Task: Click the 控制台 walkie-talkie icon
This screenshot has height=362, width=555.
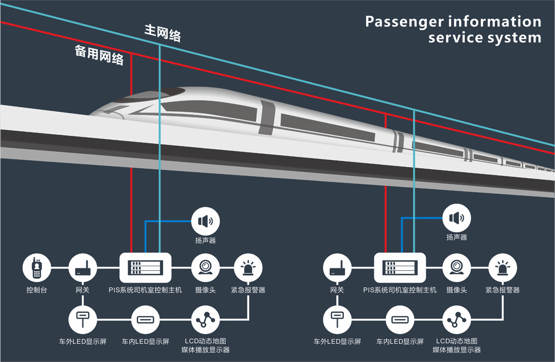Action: (x=37, y=268)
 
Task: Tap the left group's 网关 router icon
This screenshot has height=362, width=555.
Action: (x=82, y=268)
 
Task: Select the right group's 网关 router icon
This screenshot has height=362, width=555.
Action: (x=337, y=268)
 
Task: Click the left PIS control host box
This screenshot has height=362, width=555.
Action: (x=146, y=268)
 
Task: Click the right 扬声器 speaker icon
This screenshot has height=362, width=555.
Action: (x=456, y=218)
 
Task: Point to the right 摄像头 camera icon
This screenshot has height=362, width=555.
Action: (x=456, y=268)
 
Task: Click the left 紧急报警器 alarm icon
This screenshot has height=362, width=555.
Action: (x=248, y=268)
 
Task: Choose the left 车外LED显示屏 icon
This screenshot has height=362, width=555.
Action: (x=82, y=320)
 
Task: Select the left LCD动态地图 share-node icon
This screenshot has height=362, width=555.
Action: (x=206, y=320)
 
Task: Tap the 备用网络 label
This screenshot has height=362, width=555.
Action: (x=99, y=55)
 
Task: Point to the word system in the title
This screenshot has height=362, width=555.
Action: (x=513, y=38)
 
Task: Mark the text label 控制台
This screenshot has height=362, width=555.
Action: (x=37, y=290)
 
